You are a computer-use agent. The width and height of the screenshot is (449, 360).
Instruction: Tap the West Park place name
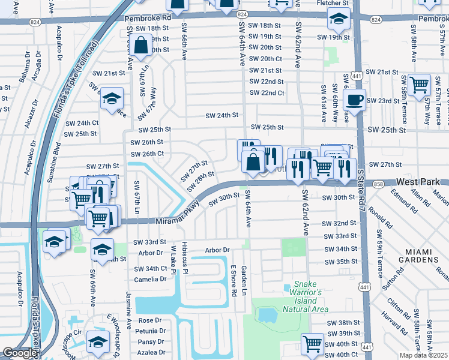tap(418, 181)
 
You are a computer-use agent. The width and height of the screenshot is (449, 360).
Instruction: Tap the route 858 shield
tap(378, 185)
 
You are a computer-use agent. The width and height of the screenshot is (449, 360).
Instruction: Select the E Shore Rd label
tap(234, 281)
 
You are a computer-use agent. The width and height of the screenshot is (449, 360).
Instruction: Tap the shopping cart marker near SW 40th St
tap(312, 344)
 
